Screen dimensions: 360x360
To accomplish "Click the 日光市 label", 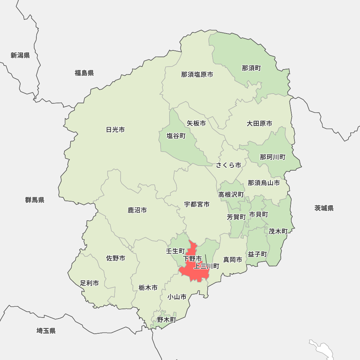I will click(116, 130).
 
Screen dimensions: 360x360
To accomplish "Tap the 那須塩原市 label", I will click(197, 75).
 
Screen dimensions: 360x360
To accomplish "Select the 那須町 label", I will click(251, 68).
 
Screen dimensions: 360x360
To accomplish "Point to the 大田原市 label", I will click(259, 123).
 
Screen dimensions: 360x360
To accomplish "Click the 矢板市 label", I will click(196, 123).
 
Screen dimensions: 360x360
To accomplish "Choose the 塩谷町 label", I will click(176, 136).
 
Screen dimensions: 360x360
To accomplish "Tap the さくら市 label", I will click(229, 165).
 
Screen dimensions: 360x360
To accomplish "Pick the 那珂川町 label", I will click(273, 157).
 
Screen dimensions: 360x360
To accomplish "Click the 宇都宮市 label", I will click(197, 204).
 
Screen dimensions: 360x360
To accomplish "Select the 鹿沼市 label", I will click(137, 210).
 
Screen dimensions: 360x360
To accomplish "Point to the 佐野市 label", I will click(116, 258).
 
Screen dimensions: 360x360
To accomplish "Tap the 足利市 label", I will click(89, 283).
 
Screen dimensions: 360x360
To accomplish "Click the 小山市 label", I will click(177, 297).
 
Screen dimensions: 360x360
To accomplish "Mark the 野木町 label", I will click(166, 319).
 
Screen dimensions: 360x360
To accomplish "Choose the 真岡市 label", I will click(233, 260).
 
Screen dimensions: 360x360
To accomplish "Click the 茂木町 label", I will click(278, 231).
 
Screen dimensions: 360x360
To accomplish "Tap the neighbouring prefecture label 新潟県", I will click(20, 55).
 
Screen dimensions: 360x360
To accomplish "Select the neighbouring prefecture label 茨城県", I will click(324, 208).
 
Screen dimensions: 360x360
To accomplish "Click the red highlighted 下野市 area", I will click(194, 272).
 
